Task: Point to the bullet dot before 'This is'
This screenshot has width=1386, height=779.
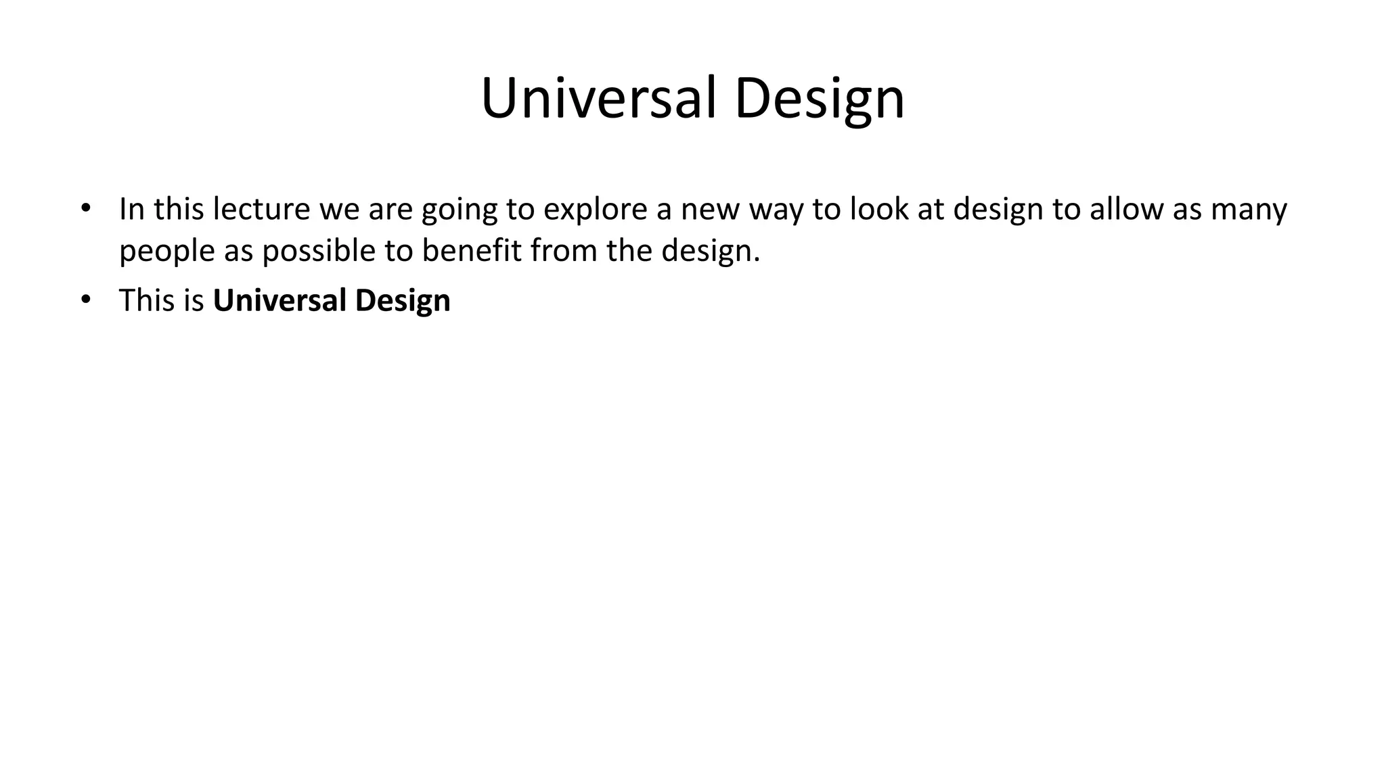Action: pyautogui.click(x=85, y=299)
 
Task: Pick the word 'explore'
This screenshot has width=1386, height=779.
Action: pyautogui.click(x=595, y=210)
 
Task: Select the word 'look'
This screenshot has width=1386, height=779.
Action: pyautogui.click(x=879, y=209)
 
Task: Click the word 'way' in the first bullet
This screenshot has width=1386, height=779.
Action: pyautogui.click(x=776, y=210)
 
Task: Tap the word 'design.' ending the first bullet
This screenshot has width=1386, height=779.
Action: pyautogui.click(x=711, y=252)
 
